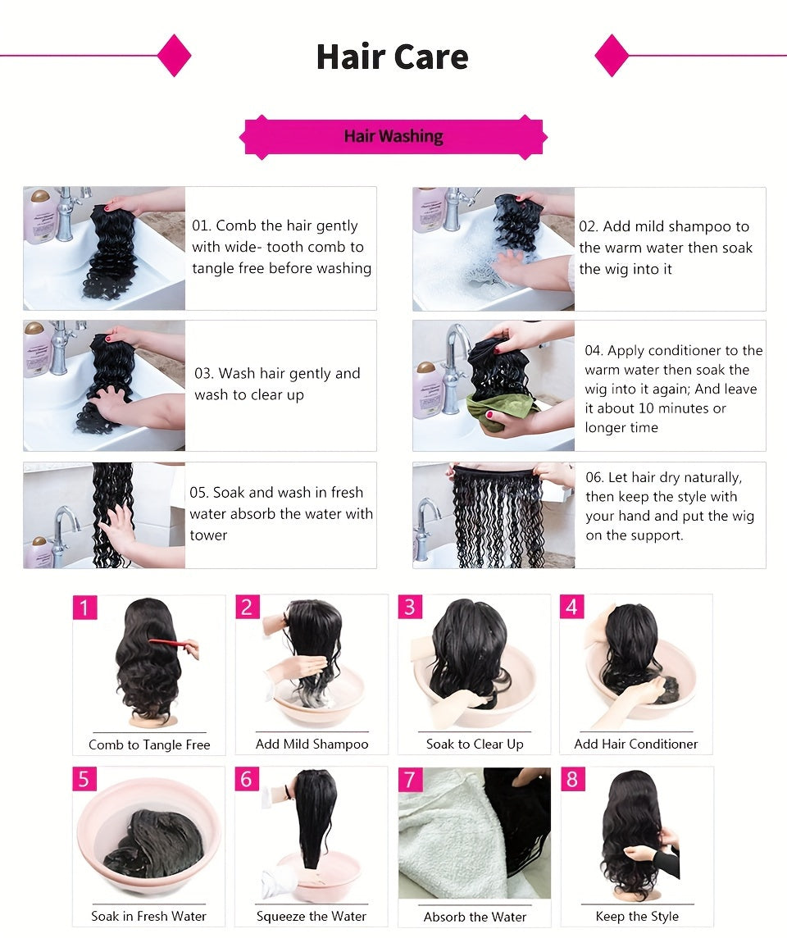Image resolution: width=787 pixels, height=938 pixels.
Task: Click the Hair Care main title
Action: [392, 57]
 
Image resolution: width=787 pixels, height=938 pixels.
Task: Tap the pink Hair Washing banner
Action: [393, 136]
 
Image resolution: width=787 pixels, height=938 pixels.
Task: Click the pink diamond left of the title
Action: [174, 56]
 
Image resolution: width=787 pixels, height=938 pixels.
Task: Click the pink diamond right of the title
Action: [612, 56]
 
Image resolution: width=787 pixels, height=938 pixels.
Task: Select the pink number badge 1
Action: [84, 608]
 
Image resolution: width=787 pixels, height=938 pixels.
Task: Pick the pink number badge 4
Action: [571, 608]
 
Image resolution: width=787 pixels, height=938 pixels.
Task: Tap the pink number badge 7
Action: [411, 779]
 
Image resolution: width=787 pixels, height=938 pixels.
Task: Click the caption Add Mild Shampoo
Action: [312, 744]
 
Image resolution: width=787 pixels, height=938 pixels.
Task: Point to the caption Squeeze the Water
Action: [312, 917]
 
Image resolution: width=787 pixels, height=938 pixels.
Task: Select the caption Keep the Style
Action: [637, 917]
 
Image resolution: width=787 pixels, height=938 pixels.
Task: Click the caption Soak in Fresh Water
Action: [148, 917]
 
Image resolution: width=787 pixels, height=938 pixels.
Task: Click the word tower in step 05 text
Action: [208, 535]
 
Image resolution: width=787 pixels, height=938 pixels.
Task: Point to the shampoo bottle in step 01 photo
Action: [40, 217]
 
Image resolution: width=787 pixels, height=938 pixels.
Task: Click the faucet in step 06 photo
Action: [427, 521]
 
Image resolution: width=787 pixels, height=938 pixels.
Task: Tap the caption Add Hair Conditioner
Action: [635, 744]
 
